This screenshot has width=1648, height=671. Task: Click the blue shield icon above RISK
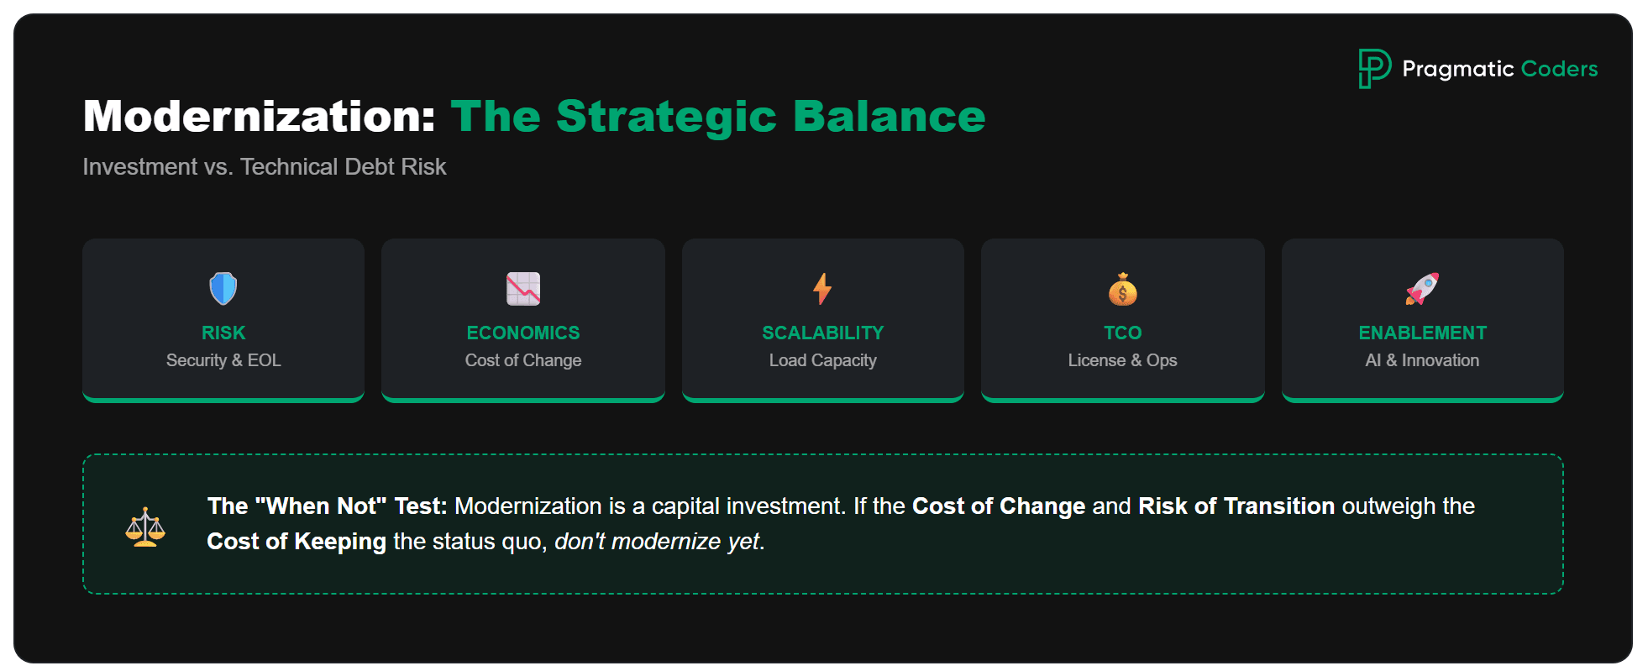click(223, 289)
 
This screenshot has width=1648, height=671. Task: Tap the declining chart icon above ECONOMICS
click(523, 289)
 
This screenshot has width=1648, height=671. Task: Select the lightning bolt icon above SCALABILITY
click(822, 289)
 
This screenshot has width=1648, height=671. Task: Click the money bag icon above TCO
click(1122, 290)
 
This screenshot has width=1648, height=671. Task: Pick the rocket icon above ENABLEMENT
click(1422, 289)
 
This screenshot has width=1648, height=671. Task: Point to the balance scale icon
click(145, 527)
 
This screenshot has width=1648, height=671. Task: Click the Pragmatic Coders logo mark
click(1374, 68)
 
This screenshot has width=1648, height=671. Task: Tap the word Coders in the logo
click(1559, 69)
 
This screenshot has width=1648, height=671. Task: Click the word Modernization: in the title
click(259, 116)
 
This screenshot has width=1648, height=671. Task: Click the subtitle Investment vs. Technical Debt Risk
click(265, 167)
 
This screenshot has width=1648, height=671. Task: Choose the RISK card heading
click(223, 333)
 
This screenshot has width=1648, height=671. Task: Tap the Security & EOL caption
click(223, 360)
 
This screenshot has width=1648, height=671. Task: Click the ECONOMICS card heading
click(523, 333)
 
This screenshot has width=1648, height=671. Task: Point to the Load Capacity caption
click(822, 360)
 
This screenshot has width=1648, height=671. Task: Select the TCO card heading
click(1122, 333)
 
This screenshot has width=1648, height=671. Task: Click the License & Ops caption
click(1122, 360)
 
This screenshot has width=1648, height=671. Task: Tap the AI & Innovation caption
click(1422, 360)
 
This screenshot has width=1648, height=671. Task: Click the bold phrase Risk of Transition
click(1236, 506)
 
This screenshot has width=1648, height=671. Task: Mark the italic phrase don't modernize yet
click(657, 542)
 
